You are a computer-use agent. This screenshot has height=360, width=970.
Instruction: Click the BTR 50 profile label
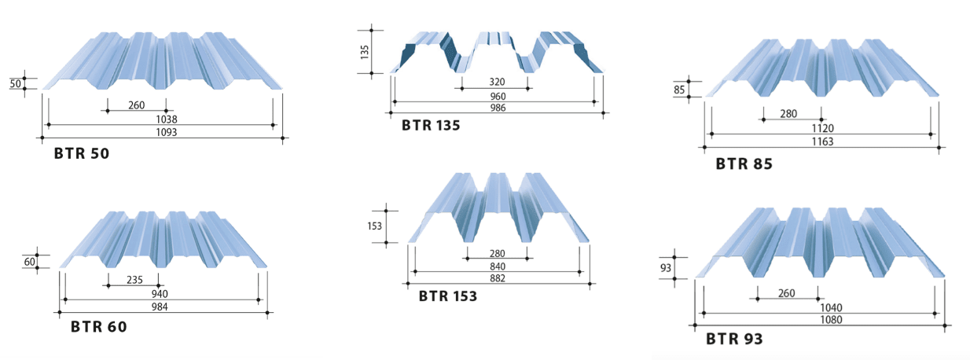point(82,153)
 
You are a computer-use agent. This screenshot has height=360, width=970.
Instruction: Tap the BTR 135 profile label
point(431,125)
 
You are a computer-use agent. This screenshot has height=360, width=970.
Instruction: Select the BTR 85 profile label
point(744,163)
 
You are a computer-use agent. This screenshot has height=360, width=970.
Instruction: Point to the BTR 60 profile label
point(99,327)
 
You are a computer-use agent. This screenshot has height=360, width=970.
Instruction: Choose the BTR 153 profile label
point(448,296)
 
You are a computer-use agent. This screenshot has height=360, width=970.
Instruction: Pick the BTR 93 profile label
point(734,339)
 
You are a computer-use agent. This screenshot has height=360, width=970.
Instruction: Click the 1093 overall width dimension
point(167,132)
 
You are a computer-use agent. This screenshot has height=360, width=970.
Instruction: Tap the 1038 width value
point(167,119)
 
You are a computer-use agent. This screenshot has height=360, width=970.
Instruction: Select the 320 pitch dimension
point(497,82)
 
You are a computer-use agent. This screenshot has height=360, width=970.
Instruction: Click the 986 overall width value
point(498,108)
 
